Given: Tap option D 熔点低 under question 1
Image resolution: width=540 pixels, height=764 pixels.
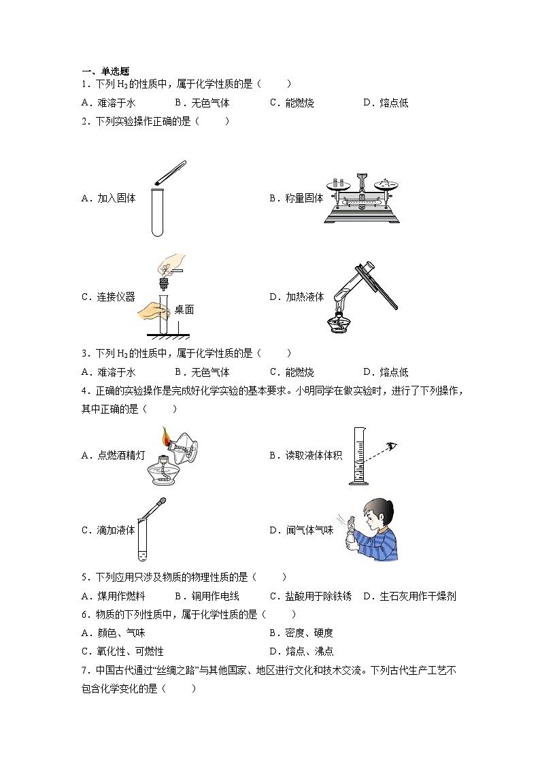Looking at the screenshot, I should (385, 103).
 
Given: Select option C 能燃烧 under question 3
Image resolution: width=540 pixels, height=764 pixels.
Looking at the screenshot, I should (292, 372).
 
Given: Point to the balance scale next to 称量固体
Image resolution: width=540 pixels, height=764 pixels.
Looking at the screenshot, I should (361, 198).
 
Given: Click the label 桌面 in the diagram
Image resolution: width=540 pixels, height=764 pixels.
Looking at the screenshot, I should (184, 310).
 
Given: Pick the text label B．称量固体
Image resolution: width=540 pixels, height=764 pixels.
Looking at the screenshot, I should (296, 199).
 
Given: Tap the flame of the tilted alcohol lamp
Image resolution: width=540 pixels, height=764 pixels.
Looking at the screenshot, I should (166, 435).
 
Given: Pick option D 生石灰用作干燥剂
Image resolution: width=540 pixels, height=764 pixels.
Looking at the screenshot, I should (409, 596).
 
